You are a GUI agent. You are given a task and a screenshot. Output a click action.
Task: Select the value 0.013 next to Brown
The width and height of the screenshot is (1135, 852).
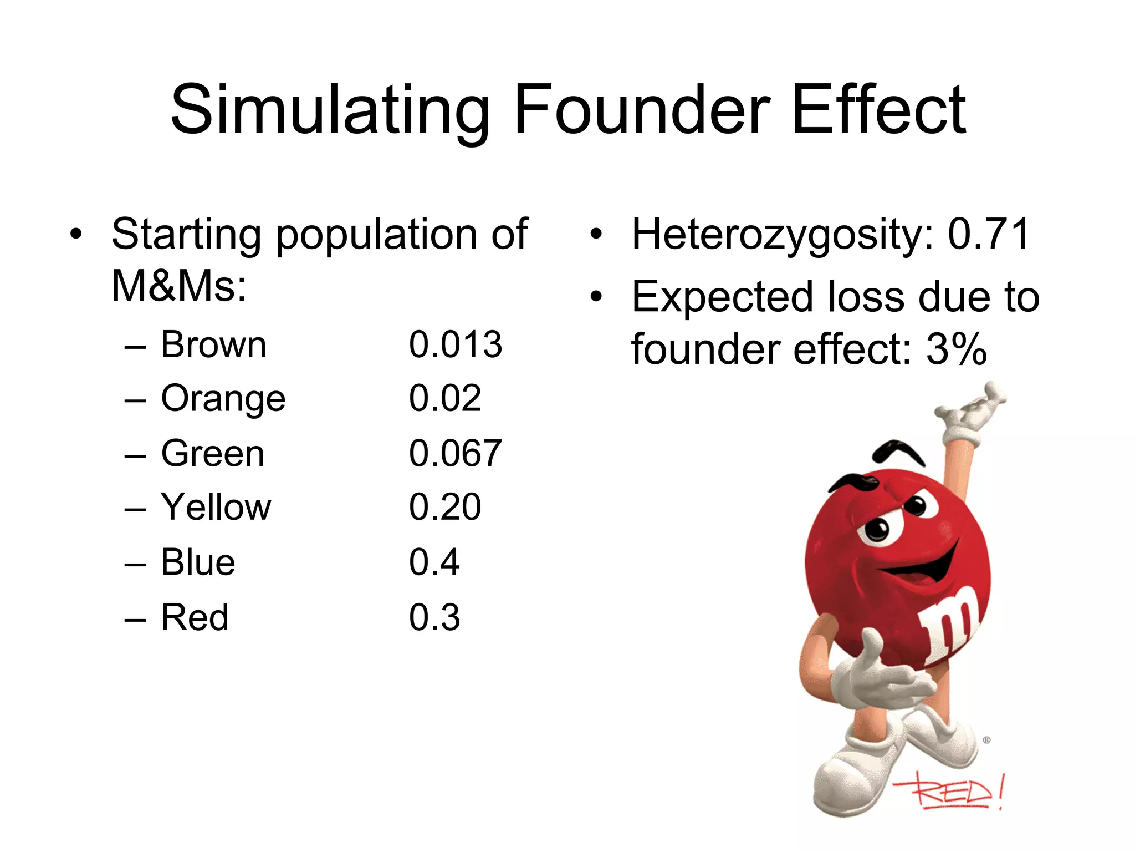point(456,344)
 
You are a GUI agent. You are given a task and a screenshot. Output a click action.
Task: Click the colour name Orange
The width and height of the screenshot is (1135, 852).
point(223,399)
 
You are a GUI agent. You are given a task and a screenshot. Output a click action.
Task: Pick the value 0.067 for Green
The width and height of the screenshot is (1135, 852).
point(456,453)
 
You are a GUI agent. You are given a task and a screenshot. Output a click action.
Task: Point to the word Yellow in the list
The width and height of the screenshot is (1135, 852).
point(216,507)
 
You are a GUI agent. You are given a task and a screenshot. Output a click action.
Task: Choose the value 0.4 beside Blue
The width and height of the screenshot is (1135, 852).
point(434,562)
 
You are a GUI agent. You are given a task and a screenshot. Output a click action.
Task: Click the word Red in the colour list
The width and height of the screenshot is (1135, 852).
point(195,617)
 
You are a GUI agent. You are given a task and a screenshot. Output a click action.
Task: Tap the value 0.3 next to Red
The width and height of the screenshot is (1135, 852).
point(434,617)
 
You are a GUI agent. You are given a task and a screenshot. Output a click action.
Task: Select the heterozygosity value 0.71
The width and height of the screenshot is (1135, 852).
point(989,234)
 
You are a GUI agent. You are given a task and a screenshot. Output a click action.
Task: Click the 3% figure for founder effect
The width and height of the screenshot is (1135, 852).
point(957,349)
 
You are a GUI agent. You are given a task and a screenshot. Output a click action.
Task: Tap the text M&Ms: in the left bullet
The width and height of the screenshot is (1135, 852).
point(178,286)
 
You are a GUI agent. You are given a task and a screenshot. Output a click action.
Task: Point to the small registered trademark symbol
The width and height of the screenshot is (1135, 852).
point(986,740)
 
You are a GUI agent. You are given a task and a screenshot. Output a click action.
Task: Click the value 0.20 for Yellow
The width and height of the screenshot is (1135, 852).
point(445,507)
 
